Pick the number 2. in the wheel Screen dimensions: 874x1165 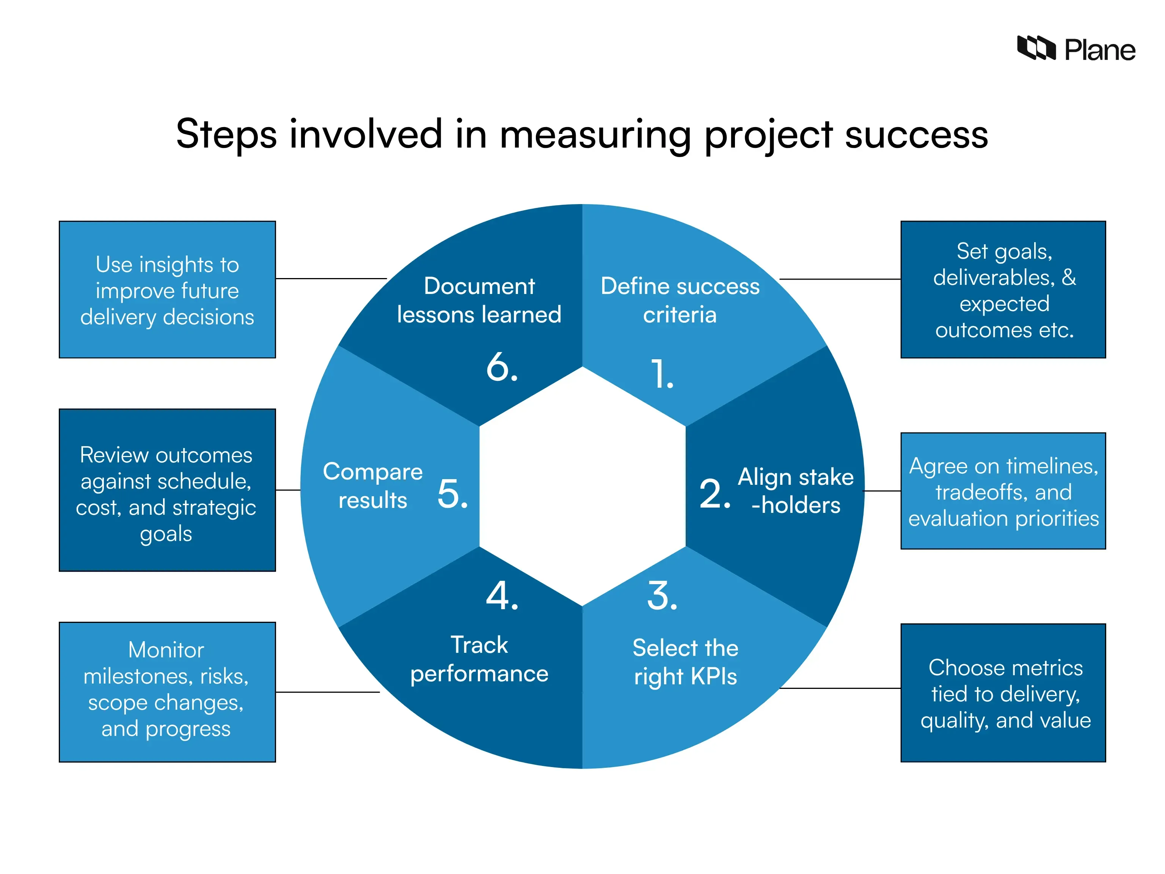click(x=714, y=494)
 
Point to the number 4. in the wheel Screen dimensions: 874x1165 click(x=502, y=596)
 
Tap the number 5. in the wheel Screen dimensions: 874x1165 click(x=452, y=494)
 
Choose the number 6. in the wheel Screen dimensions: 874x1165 click(x=502, y=367)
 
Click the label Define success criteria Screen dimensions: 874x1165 click(x=680, y=300)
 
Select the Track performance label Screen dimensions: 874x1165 click(x=479, y=659)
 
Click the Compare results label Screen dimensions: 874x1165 click(x=372, y=486)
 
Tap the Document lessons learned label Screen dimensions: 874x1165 click(x=479, y=300)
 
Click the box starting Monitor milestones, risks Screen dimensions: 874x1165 click(x=167, y=692)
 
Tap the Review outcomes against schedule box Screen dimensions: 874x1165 click(x=167, y=490)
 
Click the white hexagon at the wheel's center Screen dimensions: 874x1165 click(x=582, y=486)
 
